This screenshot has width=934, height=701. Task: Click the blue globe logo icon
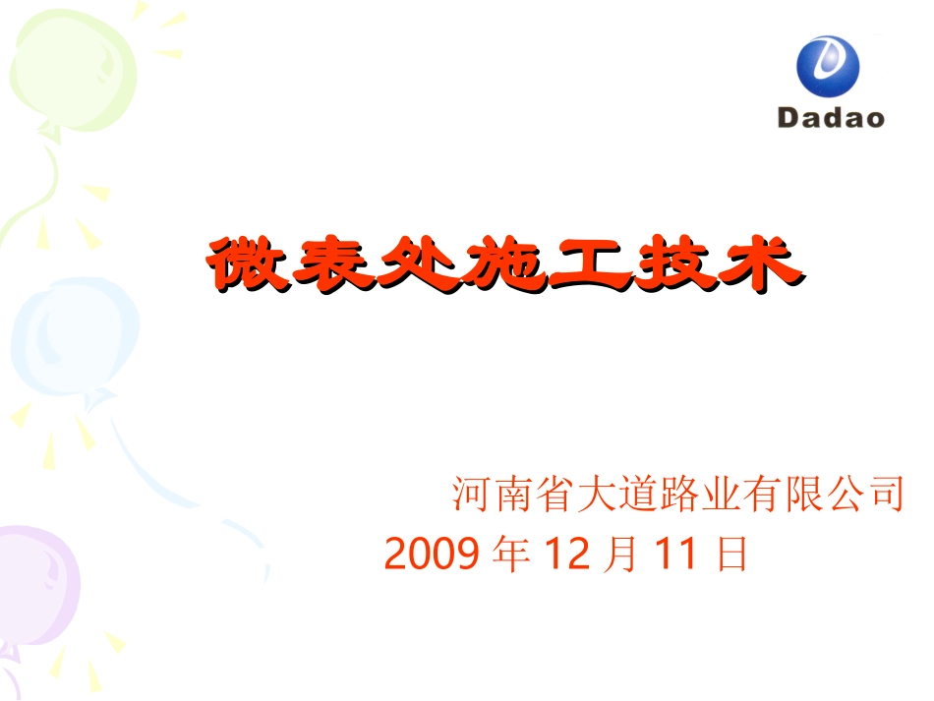827,67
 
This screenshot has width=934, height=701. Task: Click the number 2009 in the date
432,555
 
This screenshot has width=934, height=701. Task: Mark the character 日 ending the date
731,555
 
